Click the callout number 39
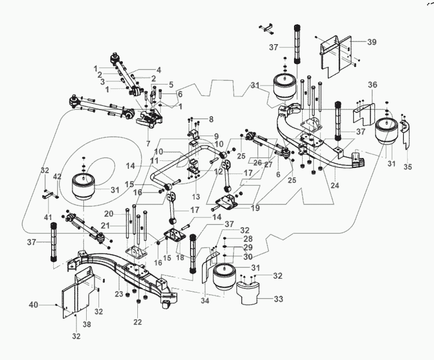pos(372,42)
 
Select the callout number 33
pos(279,299)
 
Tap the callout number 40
pos(49,305)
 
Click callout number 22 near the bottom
pos(138,322)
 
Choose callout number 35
pos(408,167)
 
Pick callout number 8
pos(211,119)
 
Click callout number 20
pos(109,213)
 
